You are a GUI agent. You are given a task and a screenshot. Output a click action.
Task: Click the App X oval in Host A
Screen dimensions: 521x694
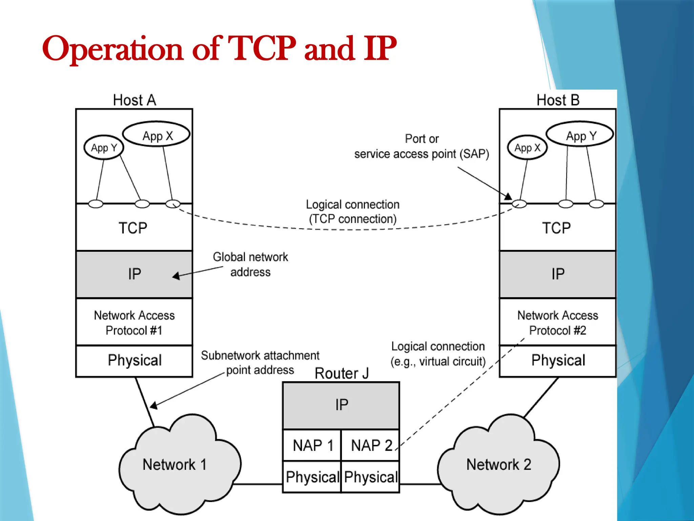(157, 135)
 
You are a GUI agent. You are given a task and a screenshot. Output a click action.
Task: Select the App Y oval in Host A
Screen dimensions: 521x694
(104, 148)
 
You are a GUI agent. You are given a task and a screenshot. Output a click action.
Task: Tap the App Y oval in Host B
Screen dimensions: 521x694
(580, 135)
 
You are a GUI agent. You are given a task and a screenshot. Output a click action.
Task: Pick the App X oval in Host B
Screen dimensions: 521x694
(527, 148)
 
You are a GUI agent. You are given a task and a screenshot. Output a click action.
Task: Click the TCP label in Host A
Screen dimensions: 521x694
(133, 228)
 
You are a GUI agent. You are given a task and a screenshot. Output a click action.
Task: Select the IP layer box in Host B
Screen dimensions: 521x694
(558, 274)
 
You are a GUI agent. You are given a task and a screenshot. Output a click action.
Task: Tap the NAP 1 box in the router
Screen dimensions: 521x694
(312, 445)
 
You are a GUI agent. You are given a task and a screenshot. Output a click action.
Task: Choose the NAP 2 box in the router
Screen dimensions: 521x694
(371, 445)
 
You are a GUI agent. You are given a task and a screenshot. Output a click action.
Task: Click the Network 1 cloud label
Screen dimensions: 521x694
(175, 464)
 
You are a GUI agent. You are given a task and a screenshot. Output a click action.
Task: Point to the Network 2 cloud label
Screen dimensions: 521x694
(498, 464)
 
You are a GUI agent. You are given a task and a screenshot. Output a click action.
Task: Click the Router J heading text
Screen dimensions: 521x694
(341, 373)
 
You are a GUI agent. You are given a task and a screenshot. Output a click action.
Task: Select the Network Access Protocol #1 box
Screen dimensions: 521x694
(134, 322)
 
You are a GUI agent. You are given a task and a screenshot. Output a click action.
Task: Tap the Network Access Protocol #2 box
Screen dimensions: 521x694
(558, 322)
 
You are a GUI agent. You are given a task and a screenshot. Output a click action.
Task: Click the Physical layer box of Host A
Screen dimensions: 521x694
(134, 361)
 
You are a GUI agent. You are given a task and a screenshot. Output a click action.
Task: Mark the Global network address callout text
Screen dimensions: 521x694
(250, 265)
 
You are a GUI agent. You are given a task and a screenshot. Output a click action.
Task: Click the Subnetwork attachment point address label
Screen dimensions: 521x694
(260, 363)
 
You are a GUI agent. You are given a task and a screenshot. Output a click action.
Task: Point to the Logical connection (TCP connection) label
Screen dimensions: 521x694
(352, 212)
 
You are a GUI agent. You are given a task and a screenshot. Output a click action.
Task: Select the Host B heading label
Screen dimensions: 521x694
(558, 100)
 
